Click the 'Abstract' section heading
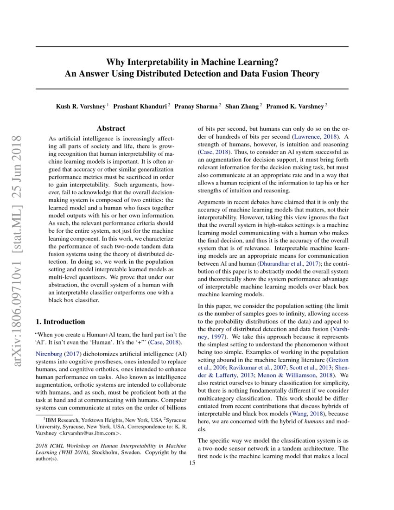(x=111, y=128)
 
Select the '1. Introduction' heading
(x=60, y=321)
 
